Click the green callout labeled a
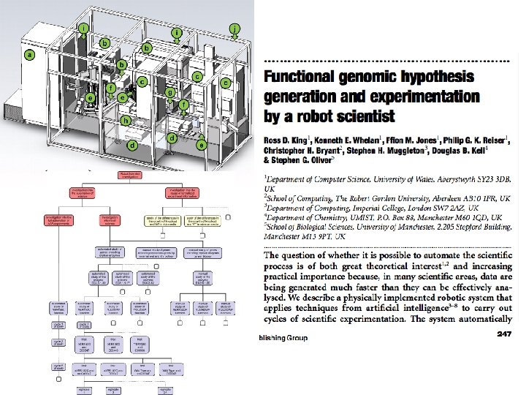coord(29,55)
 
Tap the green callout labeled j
coord(234,29)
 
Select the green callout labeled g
coord(169,93)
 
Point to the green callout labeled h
coord(126,119)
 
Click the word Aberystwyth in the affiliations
coord(448,178)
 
